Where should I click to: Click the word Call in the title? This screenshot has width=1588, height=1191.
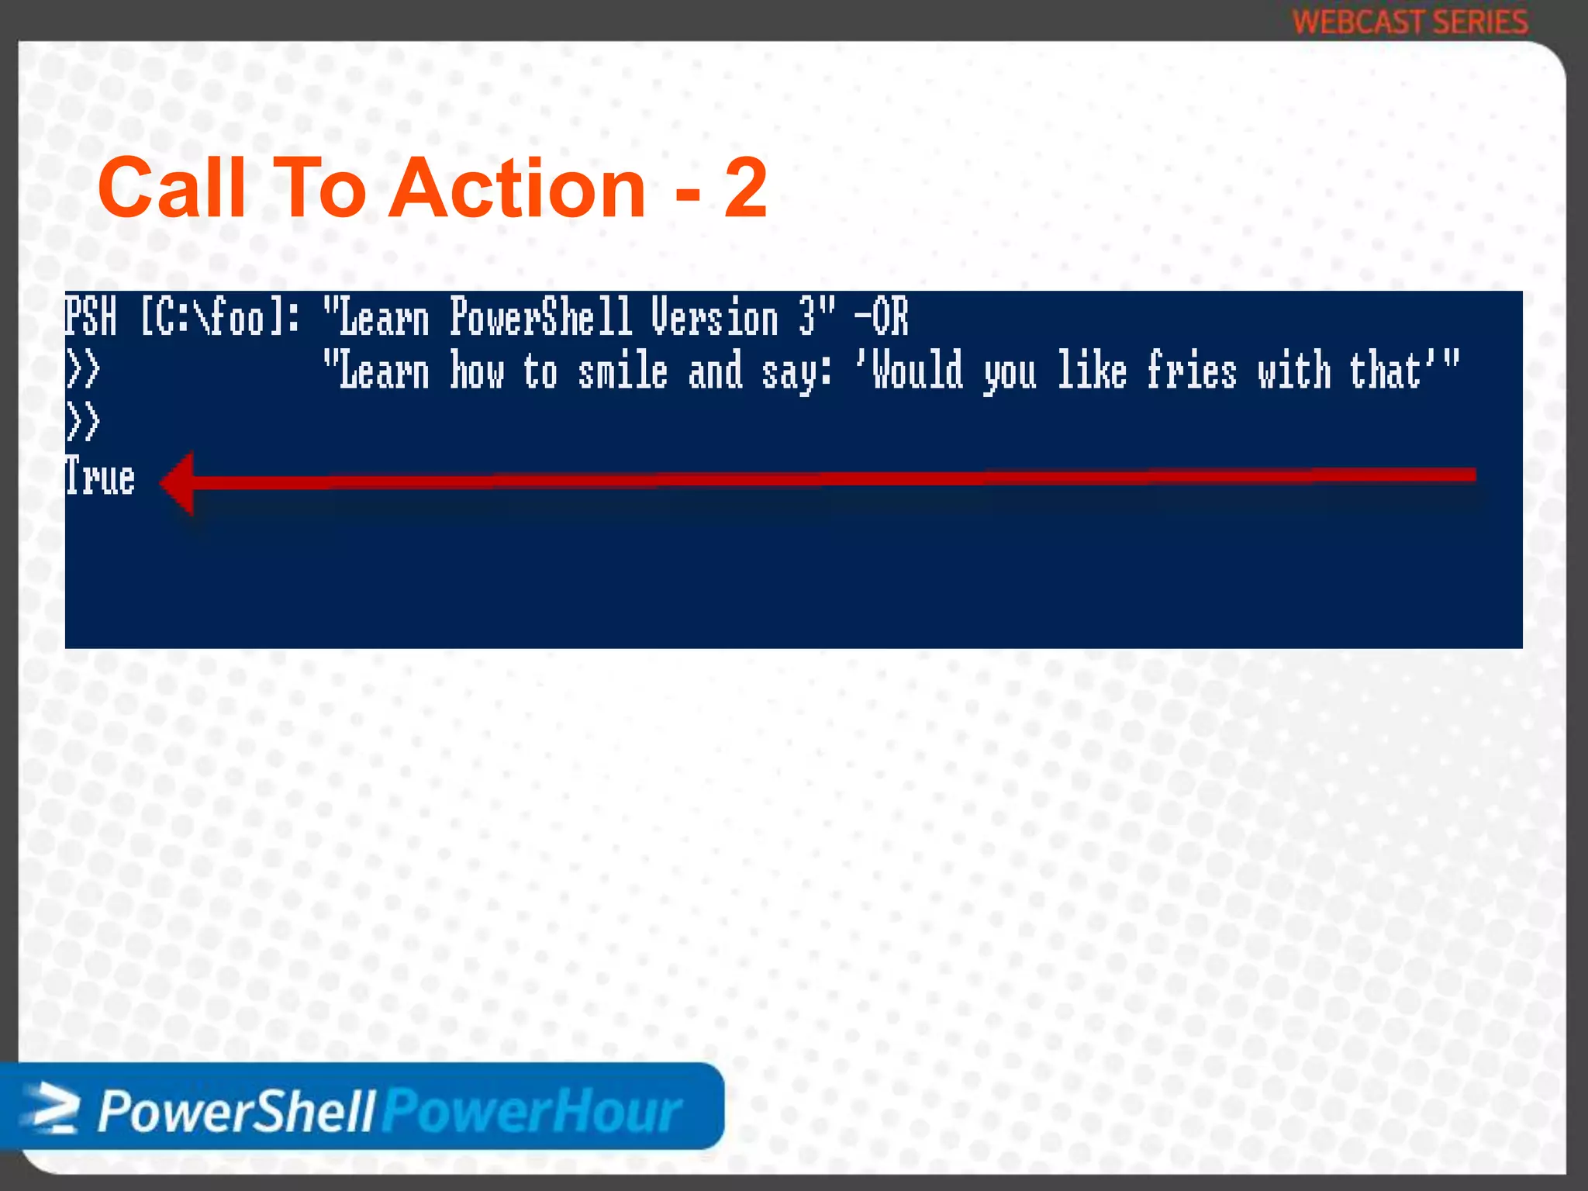pos(172,188)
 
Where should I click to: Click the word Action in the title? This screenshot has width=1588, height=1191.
pos(517,188)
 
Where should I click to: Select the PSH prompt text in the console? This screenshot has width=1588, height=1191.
pos(91,317)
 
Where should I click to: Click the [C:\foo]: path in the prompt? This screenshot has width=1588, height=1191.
pos(219,317)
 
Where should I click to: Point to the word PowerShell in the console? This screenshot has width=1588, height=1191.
pos(541,317)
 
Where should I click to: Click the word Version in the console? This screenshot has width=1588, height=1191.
pos(714,317)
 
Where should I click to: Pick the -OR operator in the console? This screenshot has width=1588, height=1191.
pos(881,317)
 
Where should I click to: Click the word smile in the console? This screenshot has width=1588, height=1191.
pos(623,370)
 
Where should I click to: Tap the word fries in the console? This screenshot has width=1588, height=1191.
pos(1191,370)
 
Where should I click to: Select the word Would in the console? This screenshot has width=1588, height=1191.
pos(917,370)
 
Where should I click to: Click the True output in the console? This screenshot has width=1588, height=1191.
pos(100,477)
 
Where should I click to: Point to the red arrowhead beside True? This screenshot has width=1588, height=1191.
pos(178,483)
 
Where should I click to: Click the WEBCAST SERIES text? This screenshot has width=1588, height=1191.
pos(1410,22)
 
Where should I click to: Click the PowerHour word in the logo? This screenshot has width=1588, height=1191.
pos(533,1111)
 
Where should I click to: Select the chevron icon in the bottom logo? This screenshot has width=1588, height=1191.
pos(50,1110)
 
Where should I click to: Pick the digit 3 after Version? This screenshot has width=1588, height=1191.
pos(807,317)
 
